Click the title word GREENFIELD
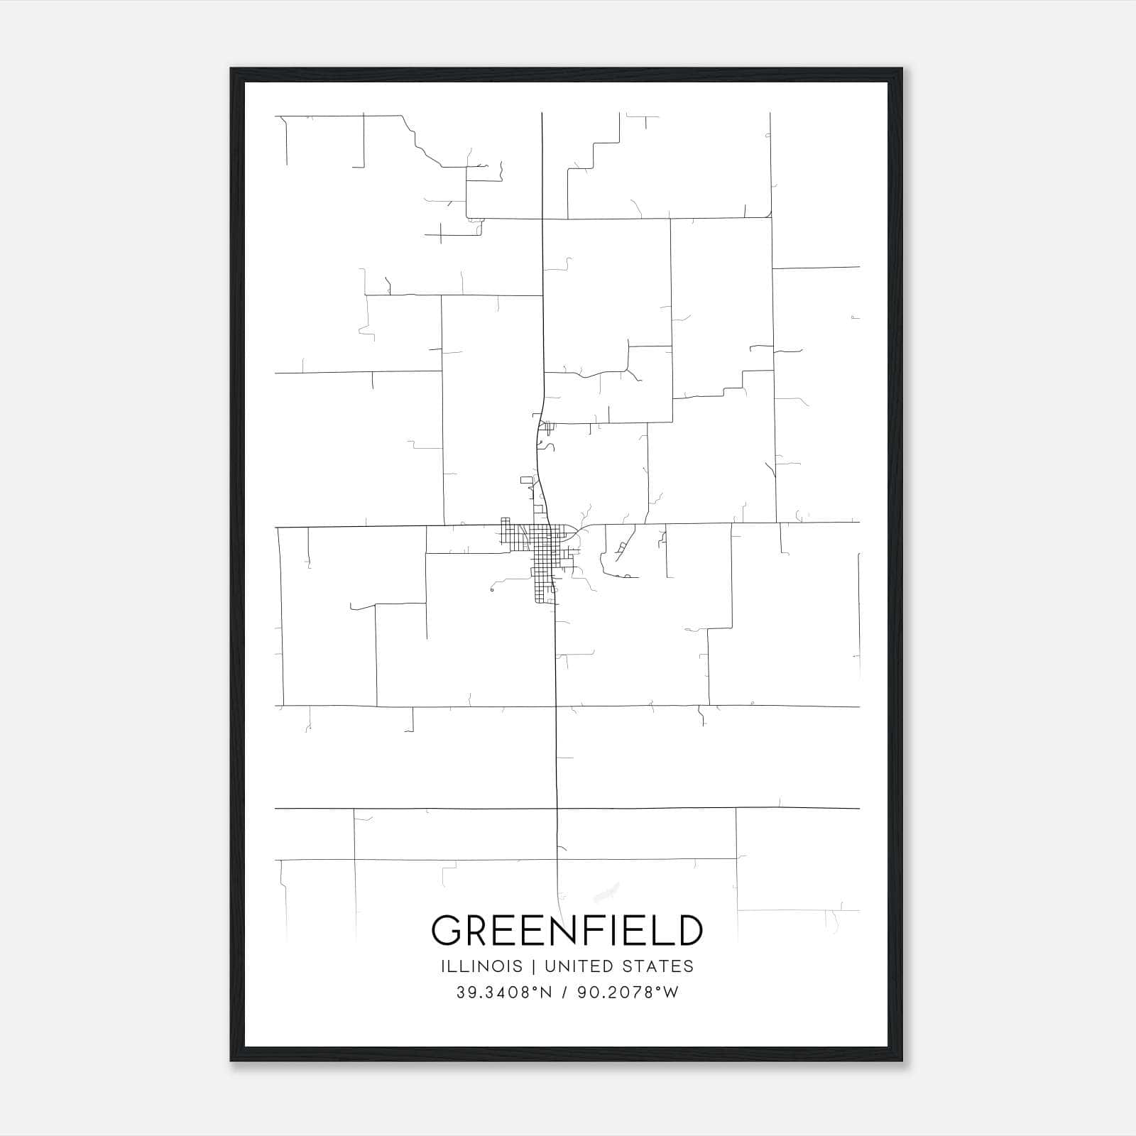567,931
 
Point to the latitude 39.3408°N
503,993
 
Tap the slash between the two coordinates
565,993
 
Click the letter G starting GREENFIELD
447,931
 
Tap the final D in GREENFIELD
689,931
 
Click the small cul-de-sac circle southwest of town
491,589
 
